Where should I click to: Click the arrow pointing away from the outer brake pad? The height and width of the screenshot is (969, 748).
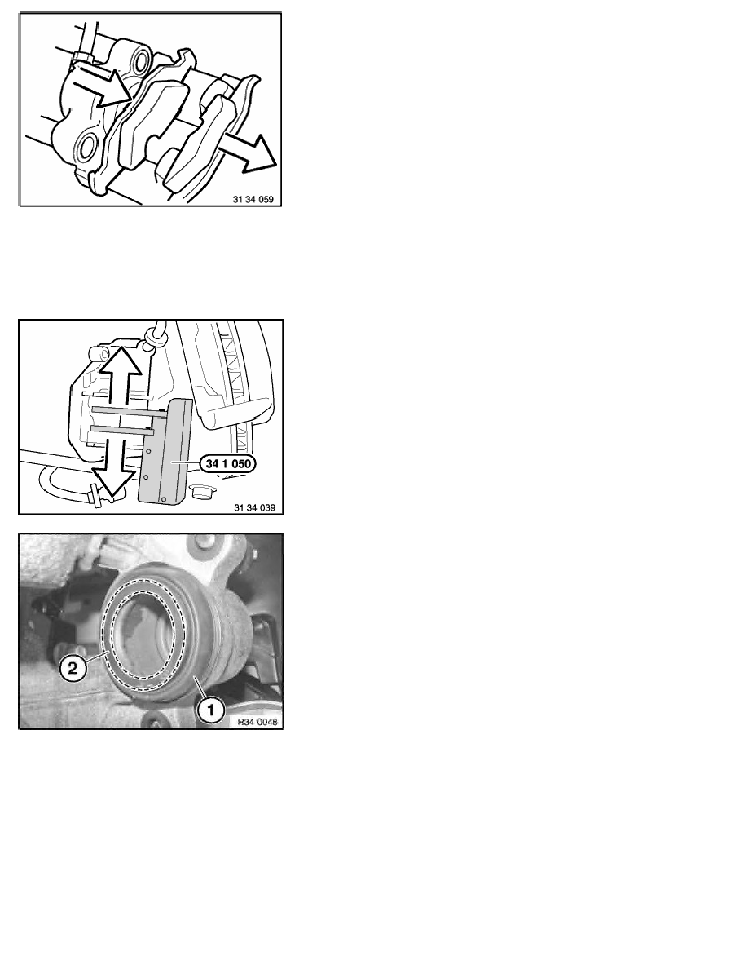tap(249, 152)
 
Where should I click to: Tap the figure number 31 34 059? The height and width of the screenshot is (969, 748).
tap(253, 200)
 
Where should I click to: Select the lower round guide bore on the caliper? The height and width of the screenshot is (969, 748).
tap(86, 147)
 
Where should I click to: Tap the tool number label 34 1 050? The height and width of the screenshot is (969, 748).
tap(228, 463)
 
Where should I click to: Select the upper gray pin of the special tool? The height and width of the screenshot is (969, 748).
tap(125, 410)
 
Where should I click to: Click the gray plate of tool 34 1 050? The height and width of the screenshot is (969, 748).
tap(165, 450)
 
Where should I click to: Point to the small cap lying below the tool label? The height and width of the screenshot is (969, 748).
tap(203, 492)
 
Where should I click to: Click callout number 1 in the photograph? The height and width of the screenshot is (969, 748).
tap(210, 710)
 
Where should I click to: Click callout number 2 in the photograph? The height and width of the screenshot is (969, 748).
tap(73, 669)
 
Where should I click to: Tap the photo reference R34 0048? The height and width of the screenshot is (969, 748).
tap(257, 721)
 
